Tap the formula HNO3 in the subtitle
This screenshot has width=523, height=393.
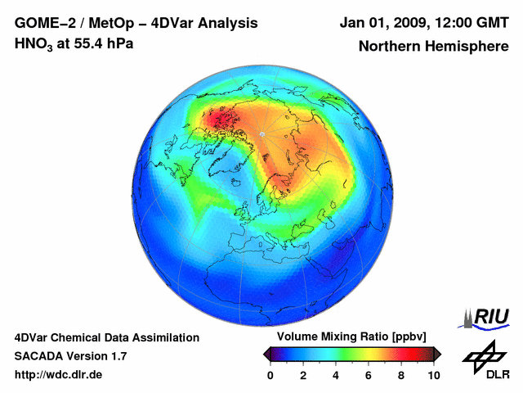click(x=34, y=43)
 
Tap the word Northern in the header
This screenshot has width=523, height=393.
click(x=389, y=47)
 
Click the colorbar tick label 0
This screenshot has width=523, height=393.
click(x=270, y=375)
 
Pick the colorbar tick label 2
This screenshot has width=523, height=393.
click(x=303, y=375)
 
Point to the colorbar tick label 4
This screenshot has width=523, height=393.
click(x=336, y=375)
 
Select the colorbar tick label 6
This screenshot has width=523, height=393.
click(x=369, y=375)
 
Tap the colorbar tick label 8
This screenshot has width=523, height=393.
click(x=401, y=375)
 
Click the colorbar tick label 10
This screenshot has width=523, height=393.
click(x=433, y=375)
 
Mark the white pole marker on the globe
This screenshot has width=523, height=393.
click(x=261, y=133)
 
